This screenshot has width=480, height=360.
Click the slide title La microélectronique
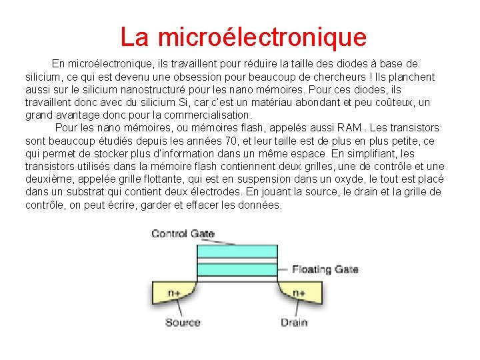pos(243,37)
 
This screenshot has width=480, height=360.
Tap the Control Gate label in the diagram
pos(183,233)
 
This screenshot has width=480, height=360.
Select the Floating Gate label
pos(325,269)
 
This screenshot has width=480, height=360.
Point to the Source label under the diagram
pos(183,323)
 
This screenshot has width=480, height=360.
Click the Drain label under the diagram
pos(293,323)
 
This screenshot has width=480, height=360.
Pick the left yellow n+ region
pos(173,292)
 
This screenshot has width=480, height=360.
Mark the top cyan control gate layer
pos(237,253)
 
